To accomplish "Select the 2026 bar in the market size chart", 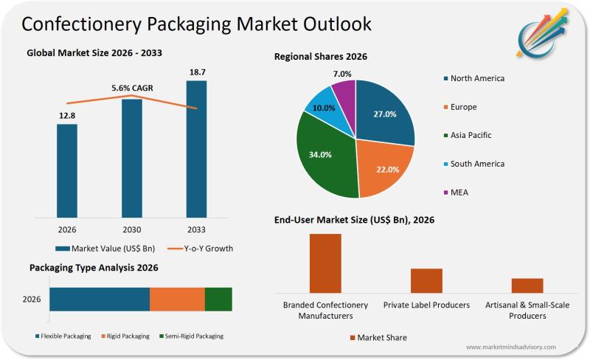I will coord(67,170).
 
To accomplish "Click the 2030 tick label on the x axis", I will coord(131,229).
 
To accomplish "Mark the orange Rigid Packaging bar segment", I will coord(177,300).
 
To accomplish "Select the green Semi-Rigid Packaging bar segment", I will coord(218,300).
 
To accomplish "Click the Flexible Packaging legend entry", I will coord(63,336).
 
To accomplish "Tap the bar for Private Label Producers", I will coord(426,280).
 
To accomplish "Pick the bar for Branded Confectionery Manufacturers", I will coord(325,263).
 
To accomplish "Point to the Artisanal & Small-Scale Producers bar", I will coord(527,285).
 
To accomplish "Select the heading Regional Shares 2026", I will coord(321,56).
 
